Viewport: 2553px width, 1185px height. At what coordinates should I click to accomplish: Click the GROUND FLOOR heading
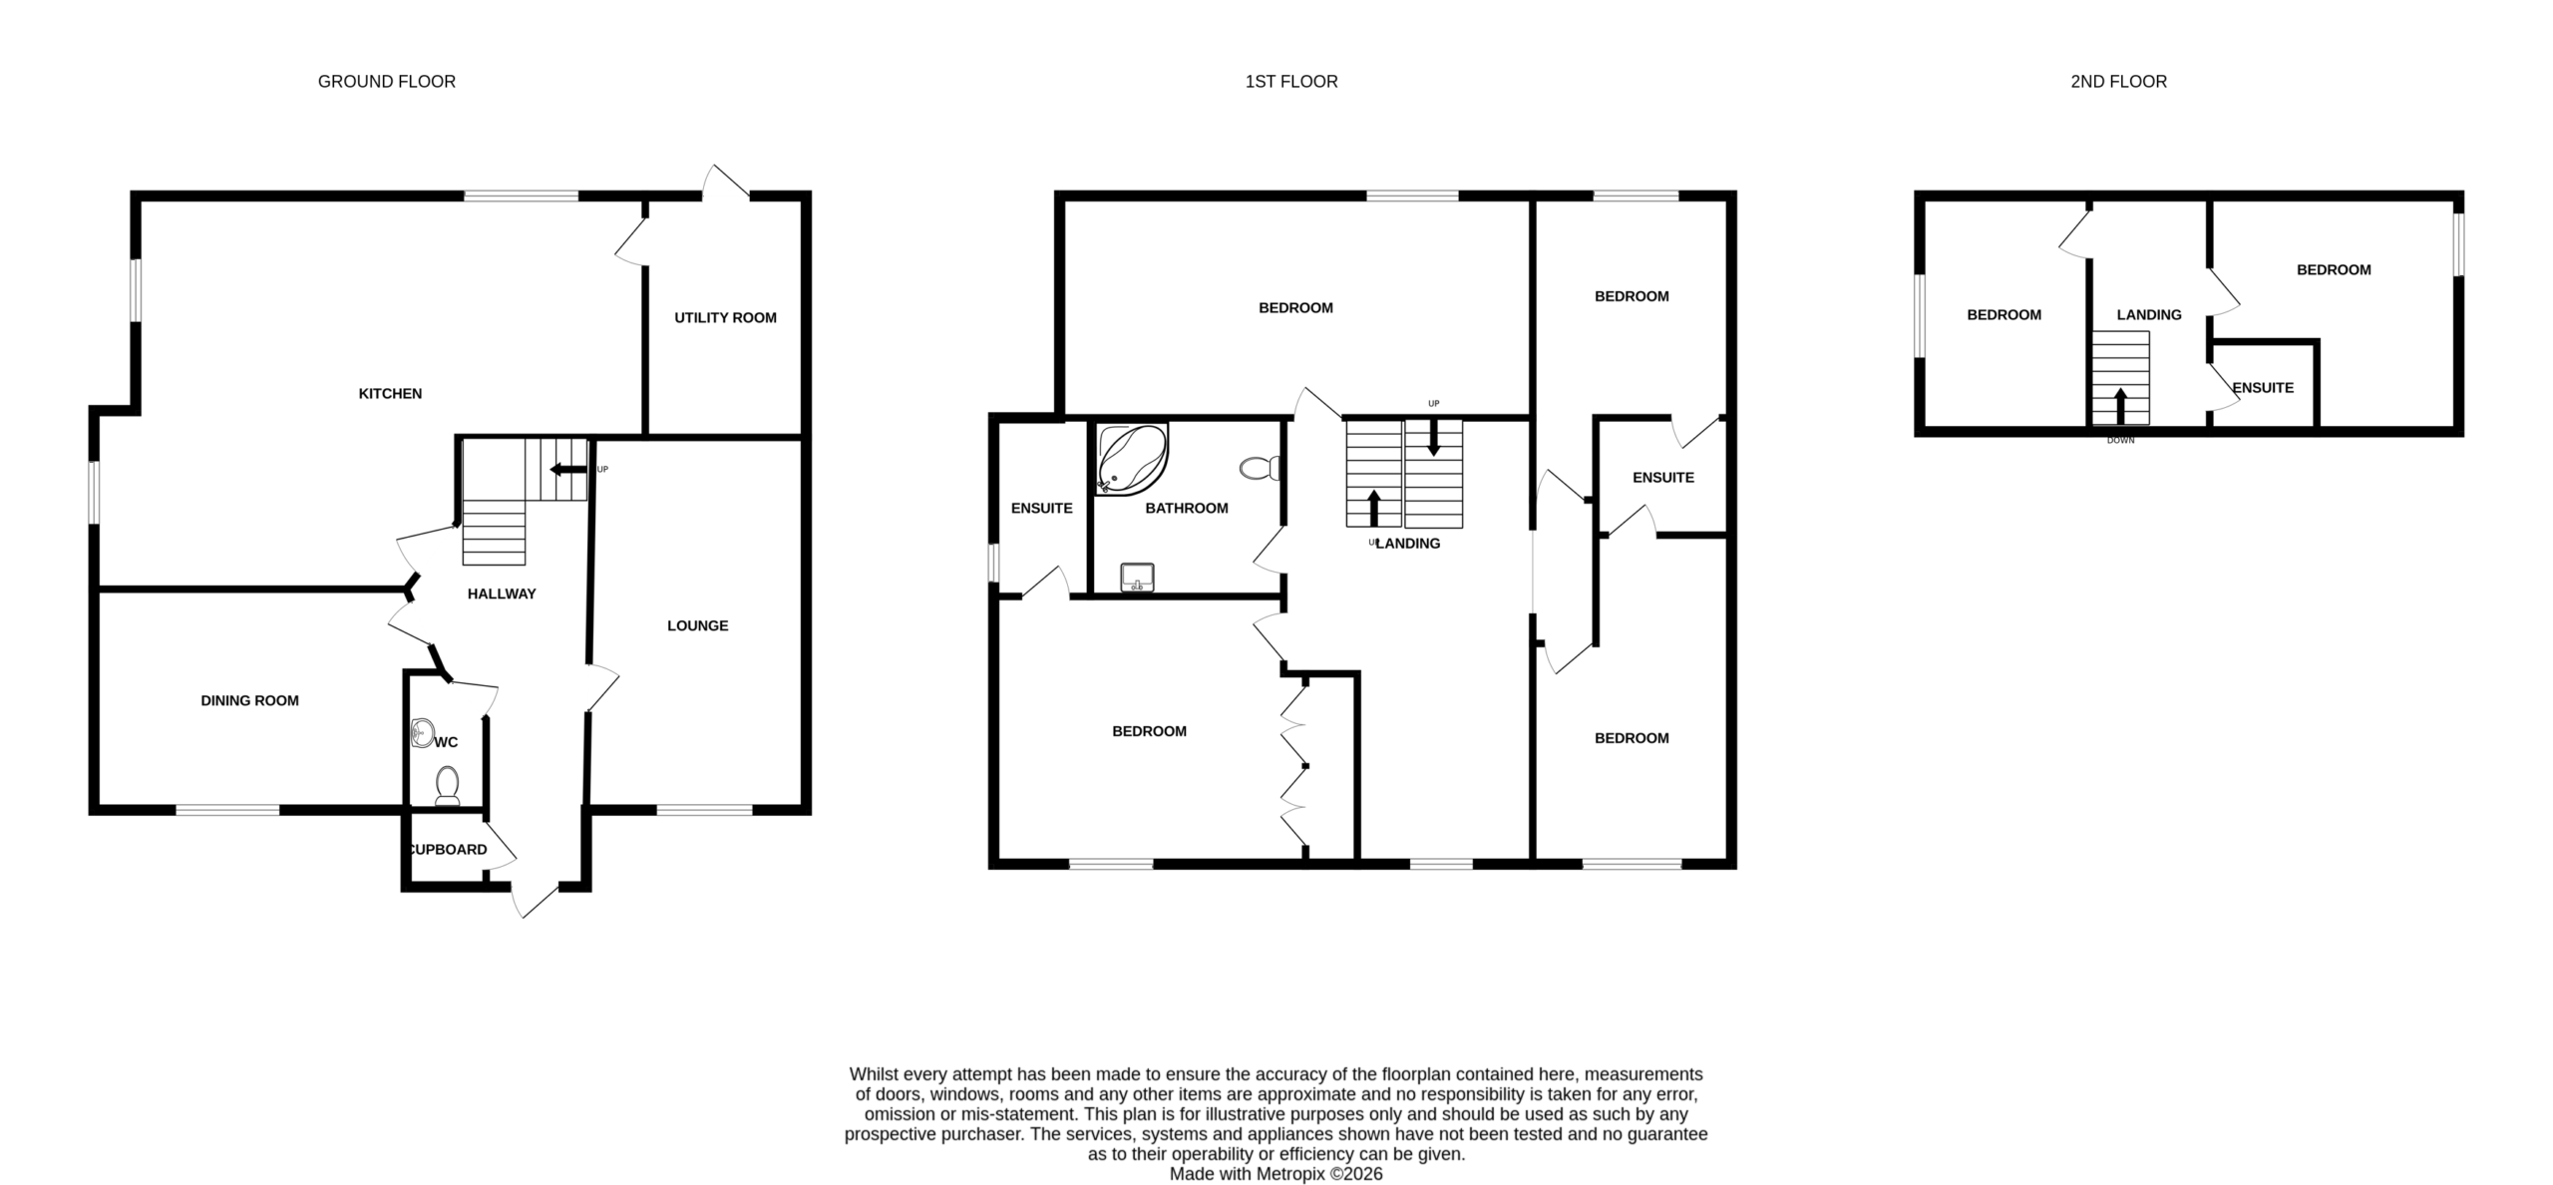[x=387, y=82]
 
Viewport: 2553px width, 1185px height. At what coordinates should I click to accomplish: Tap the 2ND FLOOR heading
[x=2118, y=82]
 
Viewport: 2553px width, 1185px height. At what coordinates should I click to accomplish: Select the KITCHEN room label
[x=390, y=394]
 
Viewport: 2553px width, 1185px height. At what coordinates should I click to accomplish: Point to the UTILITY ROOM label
[x=725, y=318]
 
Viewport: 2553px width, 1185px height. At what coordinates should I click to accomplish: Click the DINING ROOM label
[x=249, y=701]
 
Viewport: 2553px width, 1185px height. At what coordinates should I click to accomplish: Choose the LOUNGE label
[x=698, y=626]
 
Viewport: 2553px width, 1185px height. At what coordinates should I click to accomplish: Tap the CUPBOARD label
[x=449, y=850]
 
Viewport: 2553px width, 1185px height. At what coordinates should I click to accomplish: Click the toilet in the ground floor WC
[x=448, y=785]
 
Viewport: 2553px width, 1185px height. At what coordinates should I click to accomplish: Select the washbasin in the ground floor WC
[x=422, y=734]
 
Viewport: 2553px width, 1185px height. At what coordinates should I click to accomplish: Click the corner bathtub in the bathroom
[x=1131, y=459]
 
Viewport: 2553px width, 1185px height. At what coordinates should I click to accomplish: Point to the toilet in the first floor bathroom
[x=1262, y=468]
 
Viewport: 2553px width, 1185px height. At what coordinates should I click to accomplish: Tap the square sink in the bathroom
[x=1137, y=578]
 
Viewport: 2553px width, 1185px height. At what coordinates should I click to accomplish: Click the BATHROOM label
[x=1187, y=509]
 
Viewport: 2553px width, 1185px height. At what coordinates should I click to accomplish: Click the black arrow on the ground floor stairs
[x=569, y=470]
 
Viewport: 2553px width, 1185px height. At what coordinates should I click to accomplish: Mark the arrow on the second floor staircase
[x=2120, y=406]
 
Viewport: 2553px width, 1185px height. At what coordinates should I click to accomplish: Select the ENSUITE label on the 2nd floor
[x=2263, y=388]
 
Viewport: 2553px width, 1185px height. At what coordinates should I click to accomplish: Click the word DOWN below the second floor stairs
[x=2120, y=441]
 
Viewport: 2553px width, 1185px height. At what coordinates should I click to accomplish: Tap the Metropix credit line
[x=1276, y=1174]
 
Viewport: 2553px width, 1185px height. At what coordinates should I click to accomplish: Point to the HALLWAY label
[x=502, y=594]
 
